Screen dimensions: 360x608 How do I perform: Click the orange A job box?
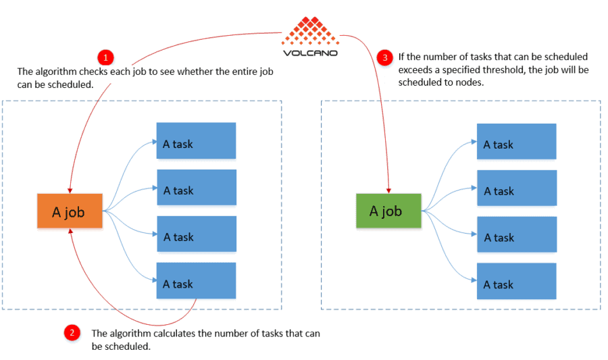[70, 212]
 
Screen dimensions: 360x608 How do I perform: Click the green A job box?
[388, 211]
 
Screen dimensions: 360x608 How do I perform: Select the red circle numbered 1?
[105, 57]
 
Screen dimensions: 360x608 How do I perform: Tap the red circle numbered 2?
[71, 332]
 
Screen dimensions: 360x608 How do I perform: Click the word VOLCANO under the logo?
[310, 52]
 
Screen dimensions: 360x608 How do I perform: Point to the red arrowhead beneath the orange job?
[70, 232]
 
